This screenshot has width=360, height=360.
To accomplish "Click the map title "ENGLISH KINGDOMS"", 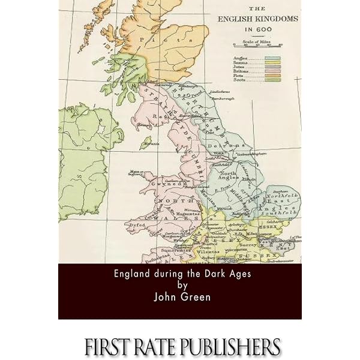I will pos(257,18).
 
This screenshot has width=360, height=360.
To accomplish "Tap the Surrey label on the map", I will pos(248,245).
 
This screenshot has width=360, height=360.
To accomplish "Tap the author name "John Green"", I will pos(179,296).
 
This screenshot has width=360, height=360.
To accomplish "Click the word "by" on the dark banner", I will pos(179,285).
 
